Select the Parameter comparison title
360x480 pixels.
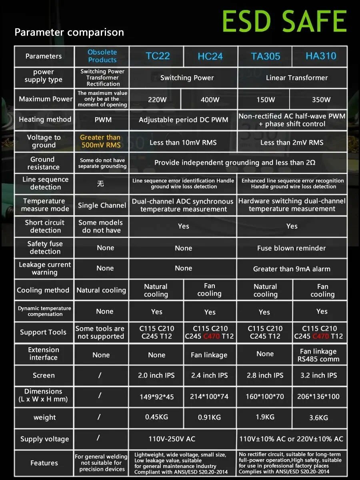coord(69,32)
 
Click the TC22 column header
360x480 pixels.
coord(158,56)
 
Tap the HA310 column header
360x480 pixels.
coord(321,56)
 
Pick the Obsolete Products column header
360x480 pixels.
coord(102,56)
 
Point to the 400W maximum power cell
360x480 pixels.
coord(210,100)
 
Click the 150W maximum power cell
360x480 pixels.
coord(266,100)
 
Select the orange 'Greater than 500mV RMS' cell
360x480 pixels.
coord(100,141)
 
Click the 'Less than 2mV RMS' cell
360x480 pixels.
coord(292,142)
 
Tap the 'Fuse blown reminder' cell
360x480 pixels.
coord(291,248)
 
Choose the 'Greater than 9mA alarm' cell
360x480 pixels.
coord(292,269)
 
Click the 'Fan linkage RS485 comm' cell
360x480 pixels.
coord(318,355)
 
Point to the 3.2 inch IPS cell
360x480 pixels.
coord(318,376)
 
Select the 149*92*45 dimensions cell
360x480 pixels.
coord(156,397)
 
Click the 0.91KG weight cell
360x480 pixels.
coord(209,418)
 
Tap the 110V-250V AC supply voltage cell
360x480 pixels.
coord(172,439)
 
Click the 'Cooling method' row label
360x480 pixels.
coord(43,290)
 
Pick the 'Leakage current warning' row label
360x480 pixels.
coord(45,268)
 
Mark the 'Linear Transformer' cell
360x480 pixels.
coord(296,78)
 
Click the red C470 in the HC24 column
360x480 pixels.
coord(212,336)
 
